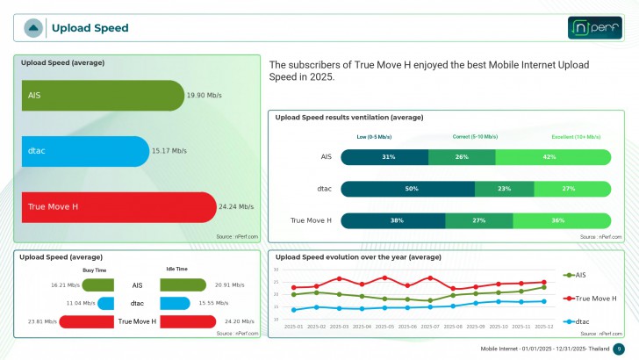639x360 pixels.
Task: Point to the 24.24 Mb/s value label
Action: click(x=236, y=207)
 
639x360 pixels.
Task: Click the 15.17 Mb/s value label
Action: click(x=169, y=151)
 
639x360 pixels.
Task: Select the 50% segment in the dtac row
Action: click(x=407, y=189)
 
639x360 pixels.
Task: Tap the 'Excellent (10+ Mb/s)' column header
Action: click(x=576, y=137)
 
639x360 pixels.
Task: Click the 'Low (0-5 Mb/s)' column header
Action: click(x=374, y=137)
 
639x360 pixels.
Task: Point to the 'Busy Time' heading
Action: click(x=95, y=270)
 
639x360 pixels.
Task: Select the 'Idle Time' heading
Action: click(x=176, y=270)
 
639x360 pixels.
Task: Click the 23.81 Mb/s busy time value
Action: click(x=42, y=321)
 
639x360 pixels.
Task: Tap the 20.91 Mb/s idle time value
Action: click(x=228, y=285)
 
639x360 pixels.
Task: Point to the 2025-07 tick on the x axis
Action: click(x=430, y=326)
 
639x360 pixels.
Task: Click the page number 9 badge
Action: click(x=618, y=349)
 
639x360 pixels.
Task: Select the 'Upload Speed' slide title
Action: click(x=90, y=28)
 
